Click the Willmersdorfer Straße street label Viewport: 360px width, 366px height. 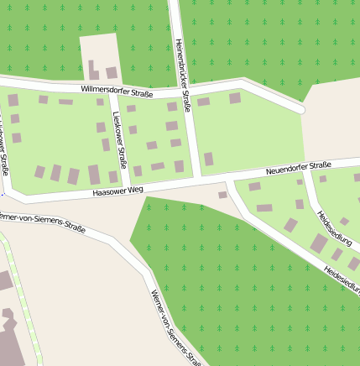(x=117, y=91)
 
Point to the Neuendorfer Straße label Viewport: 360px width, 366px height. (x=299, y=169)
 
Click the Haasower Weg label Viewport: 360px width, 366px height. (x=117, y=192)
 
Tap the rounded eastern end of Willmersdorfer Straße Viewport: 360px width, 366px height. (x=300, y=107)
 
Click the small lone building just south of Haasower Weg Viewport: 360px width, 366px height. (x=222, y=195)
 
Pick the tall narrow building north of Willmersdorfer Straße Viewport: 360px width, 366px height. (x=91, y=70)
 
